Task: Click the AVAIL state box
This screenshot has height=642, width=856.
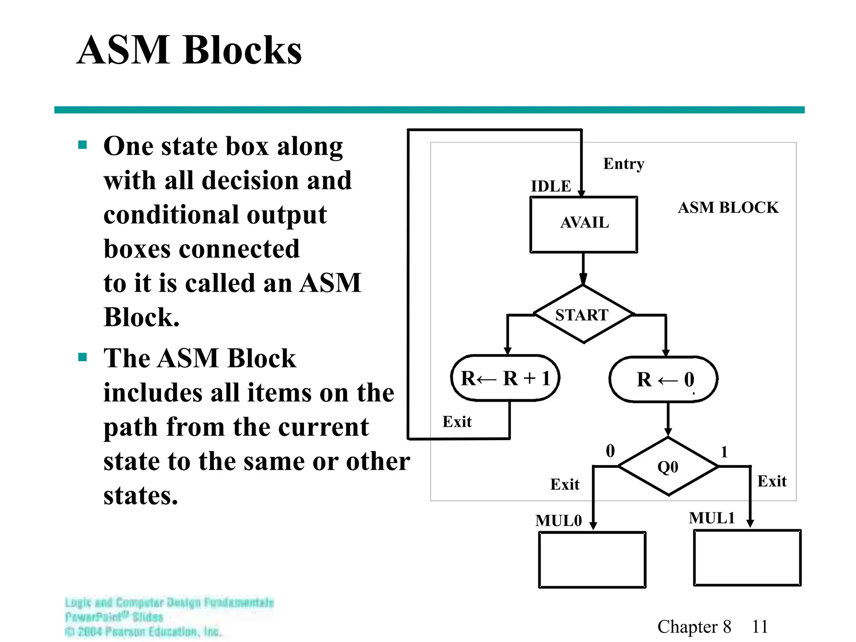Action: (583, 224)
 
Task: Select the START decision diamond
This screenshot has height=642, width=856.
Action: (583, 314)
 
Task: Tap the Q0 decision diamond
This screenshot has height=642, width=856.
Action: (668, 466)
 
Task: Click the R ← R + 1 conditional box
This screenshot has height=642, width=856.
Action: (505, 378)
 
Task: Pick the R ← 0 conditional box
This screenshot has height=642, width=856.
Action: (664, 380)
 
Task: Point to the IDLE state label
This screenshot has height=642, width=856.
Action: (550, 186)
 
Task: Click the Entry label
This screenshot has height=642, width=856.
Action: (623, 163)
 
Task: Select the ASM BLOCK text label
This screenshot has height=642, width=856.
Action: (728, 207)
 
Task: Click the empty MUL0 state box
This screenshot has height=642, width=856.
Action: (592, 560)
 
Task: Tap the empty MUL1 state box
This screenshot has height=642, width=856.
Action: (747, 558)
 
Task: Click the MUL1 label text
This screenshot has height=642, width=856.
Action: (711, 518)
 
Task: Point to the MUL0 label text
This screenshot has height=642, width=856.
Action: (558, 520)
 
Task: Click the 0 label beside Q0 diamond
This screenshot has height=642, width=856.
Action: (610, 451)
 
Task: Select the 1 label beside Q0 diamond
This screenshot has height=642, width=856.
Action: (724, 452)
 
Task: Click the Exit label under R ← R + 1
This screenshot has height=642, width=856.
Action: (457, 421)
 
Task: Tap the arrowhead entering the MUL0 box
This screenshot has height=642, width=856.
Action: (593, 526)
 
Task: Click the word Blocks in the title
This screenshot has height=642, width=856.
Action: (242, 50)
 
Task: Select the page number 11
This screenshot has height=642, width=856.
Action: (759, 627)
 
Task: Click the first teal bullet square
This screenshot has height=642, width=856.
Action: (82, 145)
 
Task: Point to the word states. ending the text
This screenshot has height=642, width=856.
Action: (141, 495)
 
